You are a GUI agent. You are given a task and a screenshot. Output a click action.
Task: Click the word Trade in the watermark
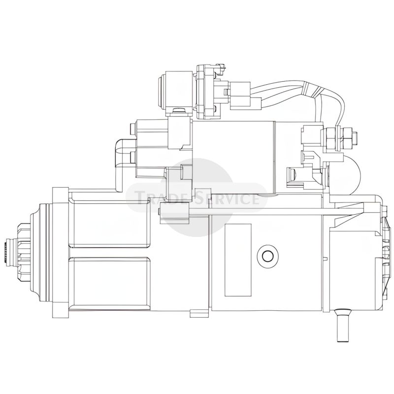point(163,197)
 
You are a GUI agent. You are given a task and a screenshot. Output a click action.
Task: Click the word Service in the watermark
point(228,197)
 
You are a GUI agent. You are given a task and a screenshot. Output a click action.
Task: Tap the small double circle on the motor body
point(268,256)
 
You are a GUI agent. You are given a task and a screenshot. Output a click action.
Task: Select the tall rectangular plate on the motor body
point(238,260)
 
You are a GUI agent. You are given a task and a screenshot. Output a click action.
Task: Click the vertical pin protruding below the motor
point(342,325)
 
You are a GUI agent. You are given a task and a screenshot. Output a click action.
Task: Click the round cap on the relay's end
point(162,92)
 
